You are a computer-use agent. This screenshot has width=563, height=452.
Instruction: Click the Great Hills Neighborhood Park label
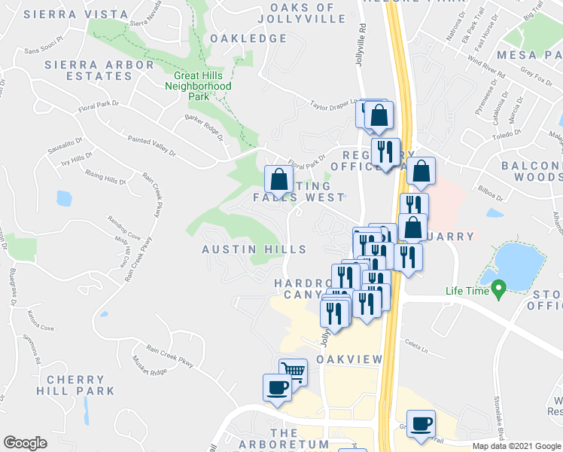tap(198, 87)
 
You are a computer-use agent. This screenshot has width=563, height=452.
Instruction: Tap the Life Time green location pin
tap(498, 288)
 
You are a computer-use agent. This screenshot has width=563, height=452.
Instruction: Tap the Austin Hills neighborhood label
tap(254, 249)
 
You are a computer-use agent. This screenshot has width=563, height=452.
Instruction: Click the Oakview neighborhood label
tap(349, 360)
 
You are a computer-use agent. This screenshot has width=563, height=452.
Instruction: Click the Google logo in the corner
tap(25, 443)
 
